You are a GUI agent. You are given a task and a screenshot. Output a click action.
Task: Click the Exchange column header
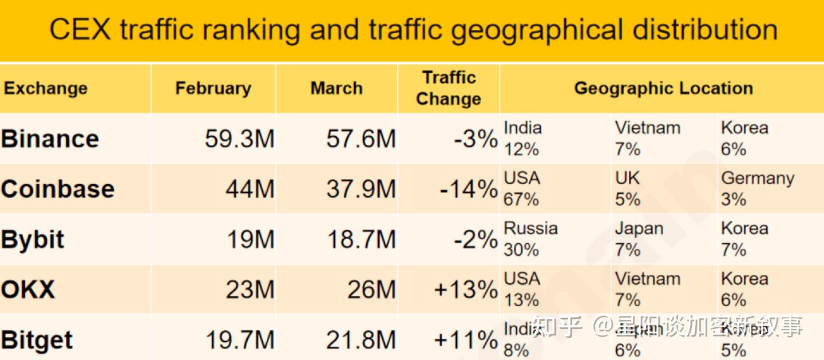coord(46,88)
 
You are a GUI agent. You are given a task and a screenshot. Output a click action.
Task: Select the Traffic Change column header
coord(449,88)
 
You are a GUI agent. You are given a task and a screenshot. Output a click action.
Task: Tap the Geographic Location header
coord(663,88)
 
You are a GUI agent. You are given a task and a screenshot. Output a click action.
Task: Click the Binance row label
coord(50,139)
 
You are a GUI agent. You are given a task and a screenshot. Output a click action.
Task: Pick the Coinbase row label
coord(57,189)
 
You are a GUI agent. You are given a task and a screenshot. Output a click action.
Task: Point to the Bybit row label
coord(33,239)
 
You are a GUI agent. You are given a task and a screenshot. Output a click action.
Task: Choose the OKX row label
coord(28,289)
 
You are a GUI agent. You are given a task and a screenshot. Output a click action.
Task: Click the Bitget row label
coord(37,340)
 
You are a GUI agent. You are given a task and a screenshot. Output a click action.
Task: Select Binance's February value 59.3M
coord(239,139)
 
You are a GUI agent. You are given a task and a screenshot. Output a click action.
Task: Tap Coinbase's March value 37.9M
coord(360,189)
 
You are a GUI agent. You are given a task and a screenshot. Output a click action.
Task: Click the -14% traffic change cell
coord(468,189)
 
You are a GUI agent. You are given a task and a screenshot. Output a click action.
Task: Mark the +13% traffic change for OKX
coord(465,289)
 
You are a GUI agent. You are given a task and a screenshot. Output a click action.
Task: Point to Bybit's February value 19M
coord(251,239)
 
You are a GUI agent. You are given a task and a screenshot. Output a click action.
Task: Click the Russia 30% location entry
coord(530,239)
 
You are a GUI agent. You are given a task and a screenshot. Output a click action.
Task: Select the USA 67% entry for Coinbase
coord(522,188)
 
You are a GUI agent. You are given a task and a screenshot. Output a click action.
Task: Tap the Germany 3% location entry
coord(757,188)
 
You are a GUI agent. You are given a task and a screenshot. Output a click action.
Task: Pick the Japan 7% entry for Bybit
coord(639,239)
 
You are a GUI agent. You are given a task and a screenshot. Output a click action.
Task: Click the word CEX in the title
coord(80,30)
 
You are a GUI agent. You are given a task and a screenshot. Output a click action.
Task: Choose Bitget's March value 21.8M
coord(360,340)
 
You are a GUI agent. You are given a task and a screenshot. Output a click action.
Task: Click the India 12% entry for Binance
coord(522,139)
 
